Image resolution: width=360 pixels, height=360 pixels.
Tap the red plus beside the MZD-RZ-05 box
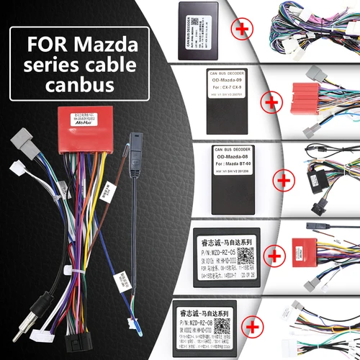click(x=272, y=255)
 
